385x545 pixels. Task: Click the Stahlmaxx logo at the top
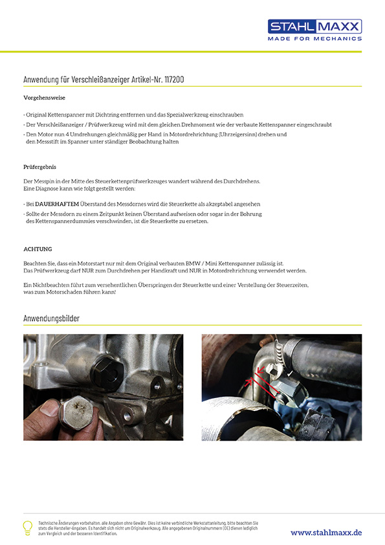click(314, 27)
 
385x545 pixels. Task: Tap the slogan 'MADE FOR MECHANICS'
click(314, 39)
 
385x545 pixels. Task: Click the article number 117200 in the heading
click(174, 79)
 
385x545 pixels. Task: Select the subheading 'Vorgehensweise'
click(44, 98)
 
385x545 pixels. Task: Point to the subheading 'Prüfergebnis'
click(39, 167)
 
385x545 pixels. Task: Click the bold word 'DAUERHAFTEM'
click(57, 204)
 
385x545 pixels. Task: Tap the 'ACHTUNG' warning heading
click(38, 249)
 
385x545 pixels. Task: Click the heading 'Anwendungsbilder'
click(51, 318)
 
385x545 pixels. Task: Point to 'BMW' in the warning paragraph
click(193, 263)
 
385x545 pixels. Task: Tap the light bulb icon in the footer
click(27, 528)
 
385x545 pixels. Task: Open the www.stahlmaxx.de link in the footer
click(326, 533)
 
